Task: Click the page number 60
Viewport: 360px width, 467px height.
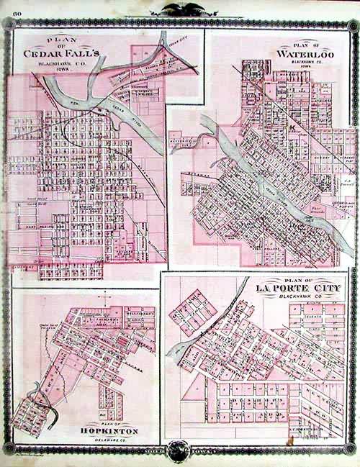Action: point(14,13)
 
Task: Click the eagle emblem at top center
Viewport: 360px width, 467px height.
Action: point(179,9)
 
